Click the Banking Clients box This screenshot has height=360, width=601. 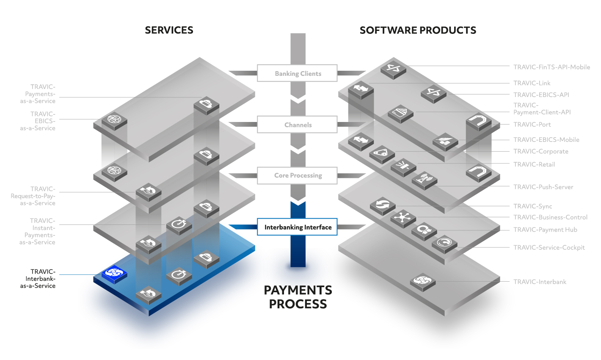coord(297,73)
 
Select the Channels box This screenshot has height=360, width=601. coord(297,125)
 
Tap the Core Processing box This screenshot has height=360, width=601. coord(297,176)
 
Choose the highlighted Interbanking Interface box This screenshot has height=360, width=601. coord(297,227)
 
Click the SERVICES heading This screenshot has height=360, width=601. coord(169,30)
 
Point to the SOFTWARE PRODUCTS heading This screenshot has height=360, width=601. coord(418,30)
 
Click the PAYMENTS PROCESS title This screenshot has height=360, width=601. coord(298,297)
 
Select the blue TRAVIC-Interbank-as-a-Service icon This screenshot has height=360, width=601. coord(114,274)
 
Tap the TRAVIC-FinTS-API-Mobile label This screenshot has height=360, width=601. coord(551,67)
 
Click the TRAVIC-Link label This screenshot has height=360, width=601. coord(532,83)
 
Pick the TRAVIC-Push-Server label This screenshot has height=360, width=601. coord(543,187)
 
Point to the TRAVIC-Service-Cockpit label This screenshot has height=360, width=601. coord(549,247)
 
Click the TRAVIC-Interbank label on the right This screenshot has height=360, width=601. coord(540,282)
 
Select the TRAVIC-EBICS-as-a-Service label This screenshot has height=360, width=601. coord(38,121)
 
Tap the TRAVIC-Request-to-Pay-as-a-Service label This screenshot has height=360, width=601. coord(33,196)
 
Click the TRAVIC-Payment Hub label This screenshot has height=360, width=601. coord(545,230)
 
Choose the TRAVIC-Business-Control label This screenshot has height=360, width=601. coord(550,217)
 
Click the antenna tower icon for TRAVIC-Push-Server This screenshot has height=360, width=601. coord(425,180)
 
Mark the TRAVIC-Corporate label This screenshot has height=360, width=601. coord(541,151)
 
